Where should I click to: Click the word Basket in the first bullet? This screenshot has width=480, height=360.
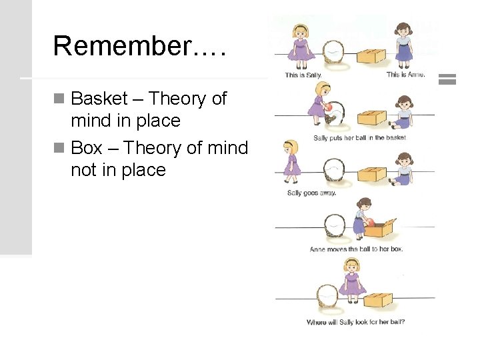tap(99, 99)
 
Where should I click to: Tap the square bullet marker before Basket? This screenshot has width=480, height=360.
tap(59, 99)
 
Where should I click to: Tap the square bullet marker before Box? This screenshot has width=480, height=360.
tap(59, 148)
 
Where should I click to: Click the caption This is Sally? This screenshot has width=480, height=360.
tap(303, 75)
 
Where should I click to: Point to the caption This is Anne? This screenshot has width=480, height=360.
tap(405, 75)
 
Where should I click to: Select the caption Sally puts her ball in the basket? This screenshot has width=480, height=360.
tap(359, 138)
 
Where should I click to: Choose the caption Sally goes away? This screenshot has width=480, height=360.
tap(311, 193)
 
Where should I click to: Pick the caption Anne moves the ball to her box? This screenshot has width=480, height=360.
tap(356, 249)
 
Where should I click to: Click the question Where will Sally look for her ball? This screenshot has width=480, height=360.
tap(355, 322)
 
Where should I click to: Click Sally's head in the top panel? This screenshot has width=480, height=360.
tap(301, 31)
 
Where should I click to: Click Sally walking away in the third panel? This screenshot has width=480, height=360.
tap(291, 161)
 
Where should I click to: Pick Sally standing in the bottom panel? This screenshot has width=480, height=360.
tap(351, 278)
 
